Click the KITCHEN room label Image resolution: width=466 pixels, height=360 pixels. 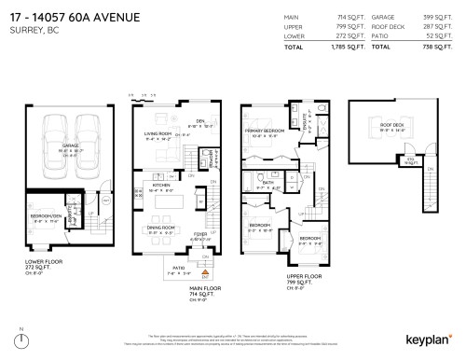tap(160, 185)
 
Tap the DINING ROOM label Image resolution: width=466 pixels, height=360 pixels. tap(164, 228)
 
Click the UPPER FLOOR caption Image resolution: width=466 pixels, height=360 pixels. tap(276, 276)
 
